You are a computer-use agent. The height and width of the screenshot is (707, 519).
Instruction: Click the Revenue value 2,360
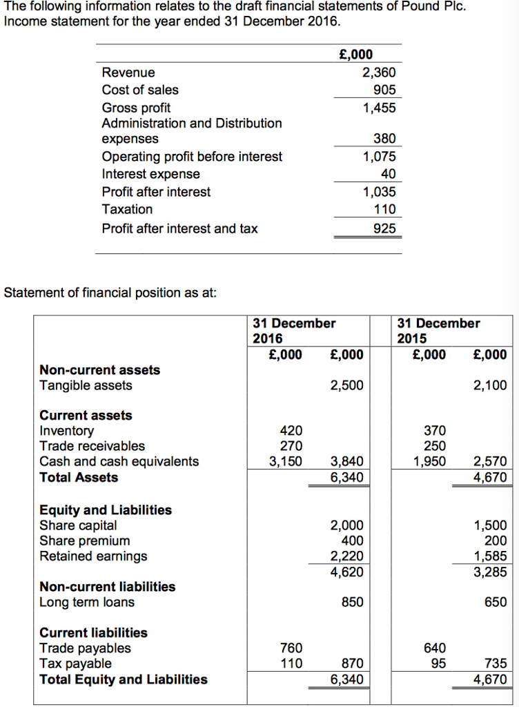pyautogui.click(x=380, y=72)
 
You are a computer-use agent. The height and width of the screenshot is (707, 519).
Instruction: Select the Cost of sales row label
pyautogui.click(x=139, y=90)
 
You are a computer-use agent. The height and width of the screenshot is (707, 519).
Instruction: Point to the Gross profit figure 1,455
pyautogui.click(x=380, y=108)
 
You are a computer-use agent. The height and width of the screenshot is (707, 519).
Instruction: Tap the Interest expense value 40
pyautogui.click(x=388, y=174)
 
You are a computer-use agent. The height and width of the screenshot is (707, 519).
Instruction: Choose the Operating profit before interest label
pyautogui.click(x=192, y=157)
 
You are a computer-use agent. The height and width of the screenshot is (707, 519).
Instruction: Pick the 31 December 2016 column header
pyautogui.click(x=294, y=331)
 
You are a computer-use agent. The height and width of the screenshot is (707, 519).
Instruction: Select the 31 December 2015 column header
pyautogui.click(x=439, y=331)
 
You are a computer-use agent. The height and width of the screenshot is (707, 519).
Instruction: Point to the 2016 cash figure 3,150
pyautogui.click(x=285, y=461)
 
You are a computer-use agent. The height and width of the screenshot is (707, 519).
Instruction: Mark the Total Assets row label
pyautogui.click(x=79, y=477)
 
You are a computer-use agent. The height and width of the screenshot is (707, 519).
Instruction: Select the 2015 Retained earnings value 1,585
pyautogui.click(x=491, y=556)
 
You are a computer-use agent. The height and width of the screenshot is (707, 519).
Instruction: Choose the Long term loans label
pyautogui.click(x=87, y=602)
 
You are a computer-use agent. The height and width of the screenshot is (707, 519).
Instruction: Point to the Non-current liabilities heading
pyautogui.click(x=107, y=587)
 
